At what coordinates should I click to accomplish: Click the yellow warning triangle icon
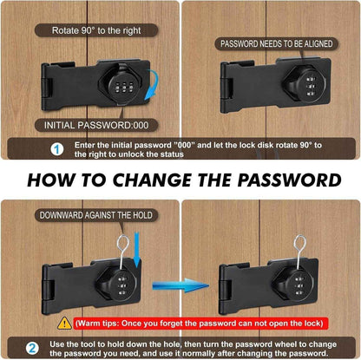64,322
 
